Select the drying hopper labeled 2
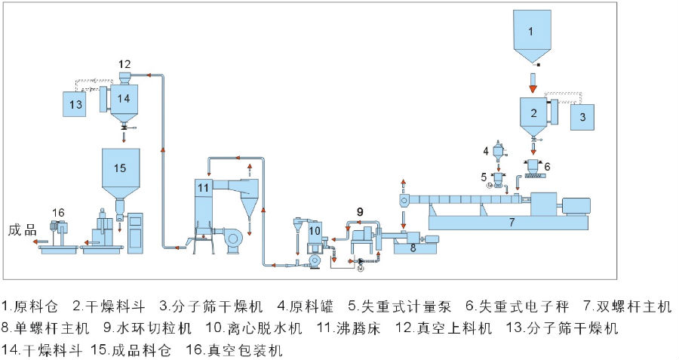(533, 114)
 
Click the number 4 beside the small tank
(487, 151)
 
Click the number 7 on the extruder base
(511, 223)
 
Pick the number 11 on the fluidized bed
(202, 186)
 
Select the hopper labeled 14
(123, 99)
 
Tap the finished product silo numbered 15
(120, 168)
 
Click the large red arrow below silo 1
(533, 89)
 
